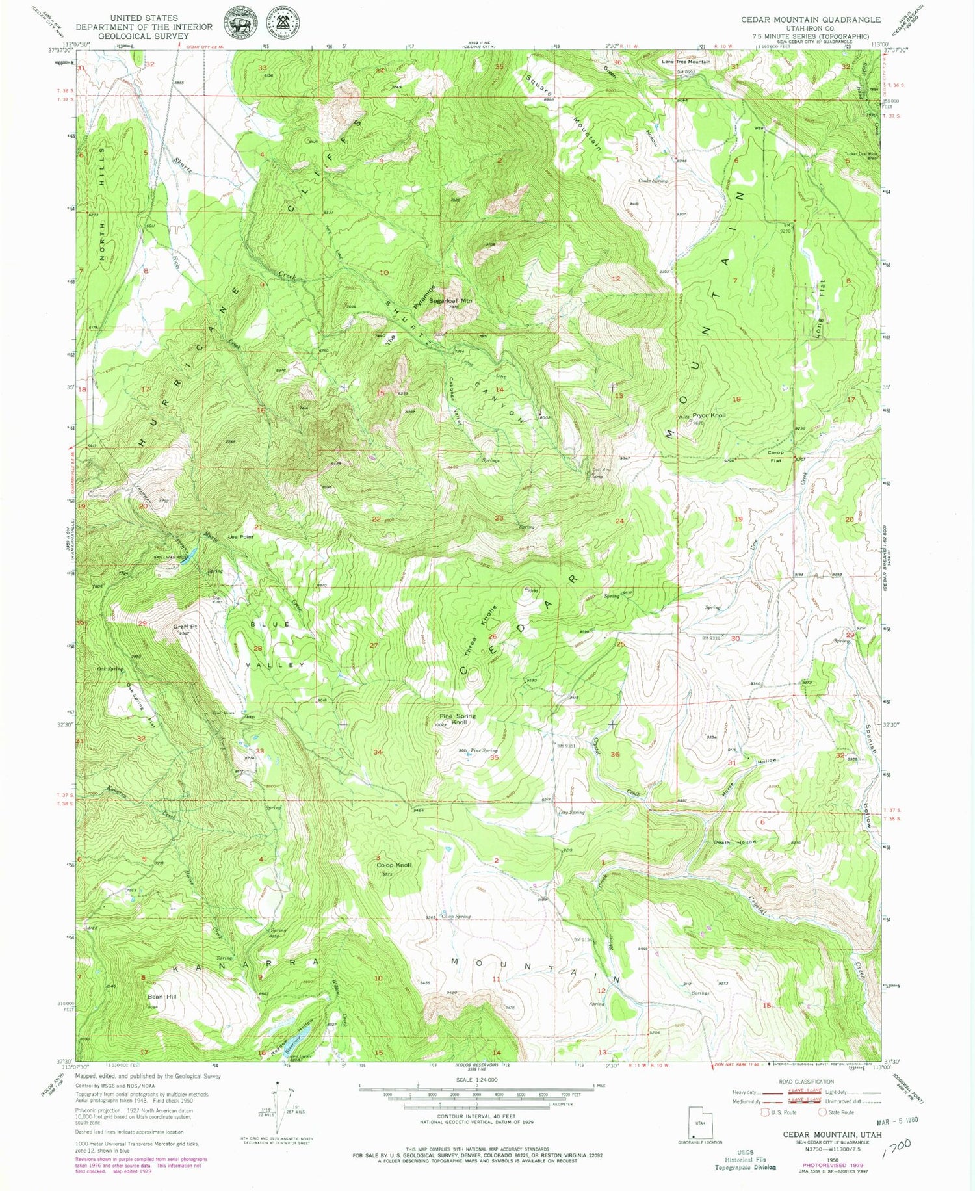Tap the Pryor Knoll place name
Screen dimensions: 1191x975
pos(708,415)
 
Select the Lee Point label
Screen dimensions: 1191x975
pos(240,537)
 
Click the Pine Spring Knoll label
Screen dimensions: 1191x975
pos(459,719)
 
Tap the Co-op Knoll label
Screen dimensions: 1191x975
pos(394,865)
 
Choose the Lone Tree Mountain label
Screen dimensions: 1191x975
pos(686,62)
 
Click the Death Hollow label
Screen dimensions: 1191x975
pos(735,842)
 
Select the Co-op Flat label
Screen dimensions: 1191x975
pos(775,456)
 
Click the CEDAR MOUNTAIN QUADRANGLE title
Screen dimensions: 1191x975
pos(811,20)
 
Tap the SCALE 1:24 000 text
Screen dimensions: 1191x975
pos(476,1079)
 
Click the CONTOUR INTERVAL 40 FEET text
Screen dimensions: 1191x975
pos(476,1116)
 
